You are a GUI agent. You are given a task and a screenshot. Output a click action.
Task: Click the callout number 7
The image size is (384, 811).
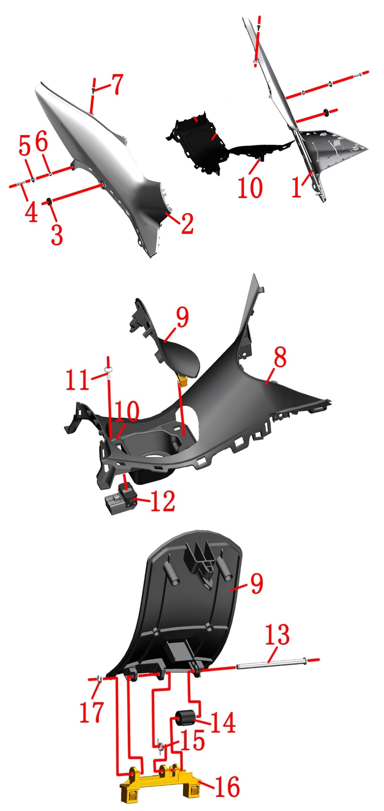click(x=118, y=84)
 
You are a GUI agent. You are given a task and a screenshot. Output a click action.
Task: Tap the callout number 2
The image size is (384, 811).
click(x=187, y=224)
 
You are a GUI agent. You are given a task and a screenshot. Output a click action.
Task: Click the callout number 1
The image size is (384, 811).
click(x=296, y=187)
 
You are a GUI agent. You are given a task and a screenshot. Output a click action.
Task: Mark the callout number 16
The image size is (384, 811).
click(x=227, y=786)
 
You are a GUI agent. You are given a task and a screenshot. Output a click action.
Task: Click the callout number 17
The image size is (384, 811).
click(x=92, y=712)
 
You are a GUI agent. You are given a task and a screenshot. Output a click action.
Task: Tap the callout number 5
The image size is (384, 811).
click(x=25, y=145)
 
